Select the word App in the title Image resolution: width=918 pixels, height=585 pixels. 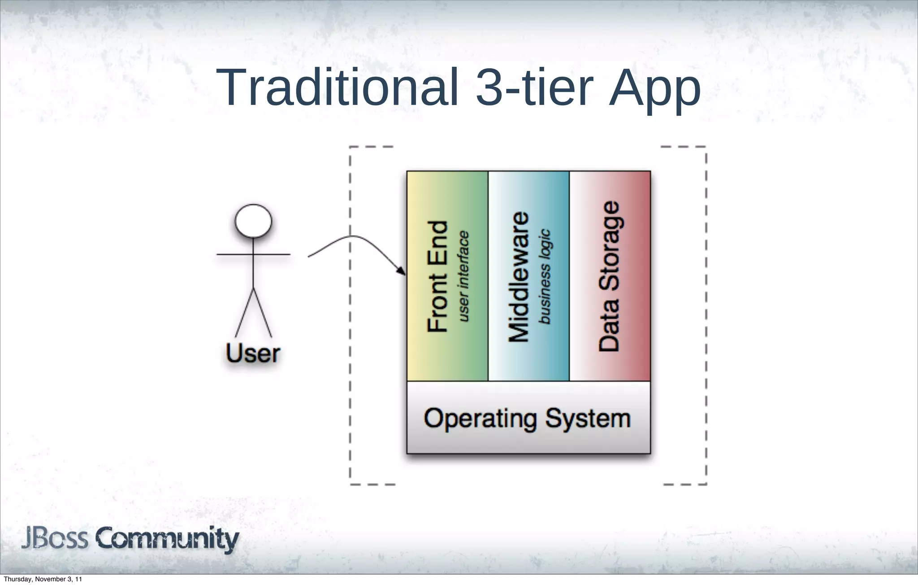pos(654,90)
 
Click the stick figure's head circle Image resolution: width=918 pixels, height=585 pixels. pos(253,221)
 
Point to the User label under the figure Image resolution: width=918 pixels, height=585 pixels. pos(253,354)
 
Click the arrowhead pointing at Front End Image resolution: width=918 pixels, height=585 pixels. pos(401,271)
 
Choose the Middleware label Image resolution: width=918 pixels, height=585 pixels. pos(519,276)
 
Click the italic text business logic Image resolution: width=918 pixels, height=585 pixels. pos(544,276)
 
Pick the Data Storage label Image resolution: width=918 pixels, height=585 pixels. pos(610,276)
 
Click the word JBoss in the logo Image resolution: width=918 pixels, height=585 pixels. pos(55,538)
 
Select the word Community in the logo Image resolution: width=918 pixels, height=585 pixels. pos(167,539)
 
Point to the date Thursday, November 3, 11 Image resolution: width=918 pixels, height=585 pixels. pos(43,579)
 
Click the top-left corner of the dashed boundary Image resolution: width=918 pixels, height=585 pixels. pos(350,147)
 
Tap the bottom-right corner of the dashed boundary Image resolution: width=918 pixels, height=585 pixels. pos(706,484)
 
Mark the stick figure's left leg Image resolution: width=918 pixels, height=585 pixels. pos(244,313)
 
